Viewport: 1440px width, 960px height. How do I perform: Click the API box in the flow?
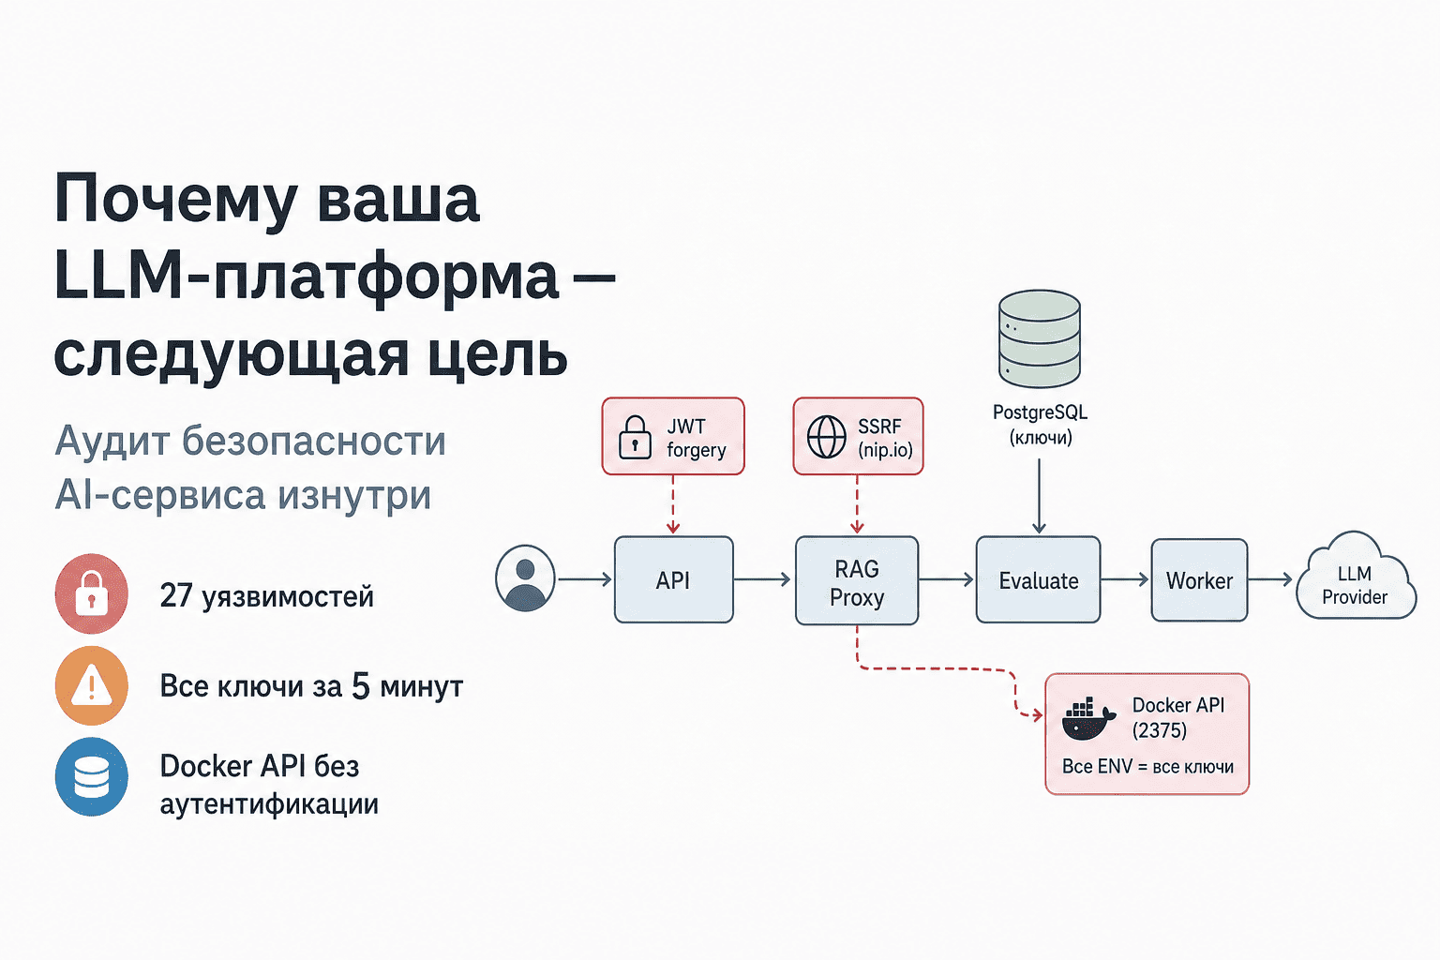point(673,580)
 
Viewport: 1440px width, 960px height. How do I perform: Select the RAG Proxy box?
point(856,581)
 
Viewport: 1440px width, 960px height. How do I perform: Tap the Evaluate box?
point(1038,580)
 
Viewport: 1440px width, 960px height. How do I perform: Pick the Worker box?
point(1199,580)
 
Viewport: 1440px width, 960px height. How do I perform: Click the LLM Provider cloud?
point(1355,581)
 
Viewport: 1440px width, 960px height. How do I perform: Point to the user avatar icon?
point(525,578)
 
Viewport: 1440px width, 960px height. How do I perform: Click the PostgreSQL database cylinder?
point(1039,339)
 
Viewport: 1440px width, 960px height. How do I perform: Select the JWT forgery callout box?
point(673,437)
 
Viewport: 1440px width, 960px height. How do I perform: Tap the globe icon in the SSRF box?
point(827,437)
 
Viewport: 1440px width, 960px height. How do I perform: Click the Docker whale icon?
point(1087,719)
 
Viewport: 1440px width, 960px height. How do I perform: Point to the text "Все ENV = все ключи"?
point(1147,767)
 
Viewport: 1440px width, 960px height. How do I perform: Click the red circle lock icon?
point(91,594)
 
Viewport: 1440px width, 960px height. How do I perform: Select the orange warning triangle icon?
point(91,686)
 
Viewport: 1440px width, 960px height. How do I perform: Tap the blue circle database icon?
point(91,777)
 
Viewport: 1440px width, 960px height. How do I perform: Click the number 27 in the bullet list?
point(175,596)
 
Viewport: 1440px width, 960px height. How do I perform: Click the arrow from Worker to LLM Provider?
point(1270,579)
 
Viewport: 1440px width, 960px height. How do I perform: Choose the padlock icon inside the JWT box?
point(635,438)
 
